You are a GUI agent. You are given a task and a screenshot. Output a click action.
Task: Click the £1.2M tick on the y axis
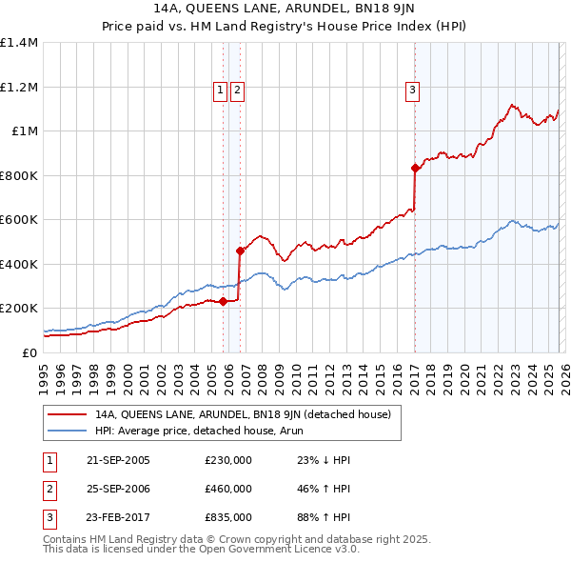click(19, 87)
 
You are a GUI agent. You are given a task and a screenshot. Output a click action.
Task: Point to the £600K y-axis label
click(19, 219)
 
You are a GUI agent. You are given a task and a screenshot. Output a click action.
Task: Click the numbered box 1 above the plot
click(220, 90)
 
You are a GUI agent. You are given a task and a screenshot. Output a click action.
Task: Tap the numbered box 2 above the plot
click(236, 90)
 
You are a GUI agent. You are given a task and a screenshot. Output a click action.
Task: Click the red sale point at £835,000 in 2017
click(415, 168)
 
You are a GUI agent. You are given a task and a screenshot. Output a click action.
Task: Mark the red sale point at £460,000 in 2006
click(240, 251)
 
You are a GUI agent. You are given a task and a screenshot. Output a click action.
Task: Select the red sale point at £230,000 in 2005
click(223, 302)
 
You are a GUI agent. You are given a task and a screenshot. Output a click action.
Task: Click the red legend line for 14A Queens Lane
click(68, 414)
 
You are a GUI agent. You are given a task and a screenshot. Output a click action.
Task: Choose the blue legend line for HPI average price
click(68, 431)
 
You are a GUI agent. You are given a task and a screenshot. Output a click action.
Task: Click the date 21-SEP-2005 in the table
click(118, 460)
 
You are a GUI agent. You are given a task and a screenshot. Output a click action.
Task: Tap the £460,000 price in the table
click(228, 489)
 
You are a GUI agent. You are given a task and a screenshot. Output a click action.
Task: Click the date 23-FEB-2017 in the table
click(118, 517)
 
